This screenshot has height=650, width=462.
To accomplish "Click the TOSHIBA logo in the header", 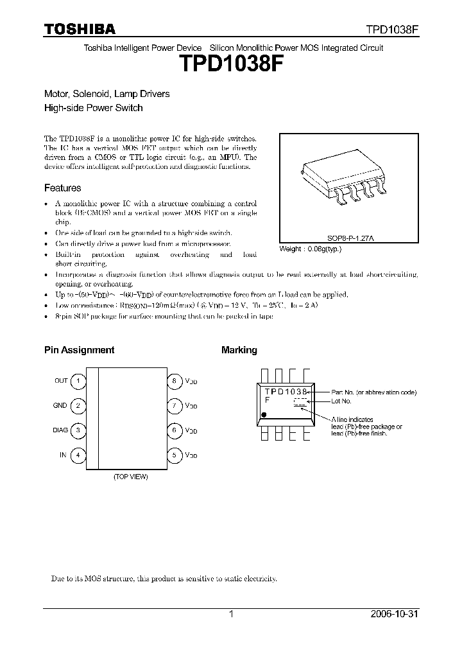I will coord(80,29).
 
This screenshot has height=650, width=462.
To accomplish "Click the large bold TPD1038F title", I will coord(230,65).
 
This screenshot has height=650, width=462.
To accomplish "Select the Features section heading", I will coord(62,188).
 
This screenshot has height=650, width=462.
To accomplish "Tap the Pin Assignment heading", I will coord(79,350).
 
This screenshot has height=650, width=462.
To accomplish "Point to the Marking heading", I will coord(239,350).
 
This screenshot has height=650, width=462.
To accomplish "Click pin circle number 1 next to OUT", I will coord(78,381).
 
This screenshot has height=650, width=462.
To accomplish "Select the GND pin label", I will coord(60,406).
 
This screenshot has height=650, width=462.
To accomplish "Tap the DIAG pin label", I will coord(60,430).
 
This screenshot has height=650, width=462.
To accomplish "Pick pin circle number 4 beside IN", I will coord(78,455).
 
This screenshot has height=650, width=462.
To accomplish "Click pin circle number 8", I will coord(174,381).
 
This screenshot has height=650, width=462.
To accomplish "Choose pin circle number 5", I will coord(174,455).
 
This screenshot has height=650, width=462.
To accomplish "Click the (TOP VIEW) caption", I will coord(130,477).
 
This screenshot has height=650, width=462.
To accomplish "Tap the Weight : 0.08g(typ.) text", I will coord(311,249).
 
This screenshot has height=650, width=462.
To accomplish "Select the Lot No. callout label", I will coord(341,401).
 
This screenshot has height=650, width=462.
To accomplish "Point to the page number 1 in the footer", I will coord(230,614).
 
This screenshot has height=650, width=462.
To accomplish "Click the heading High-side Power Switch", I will coord(93,108).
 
